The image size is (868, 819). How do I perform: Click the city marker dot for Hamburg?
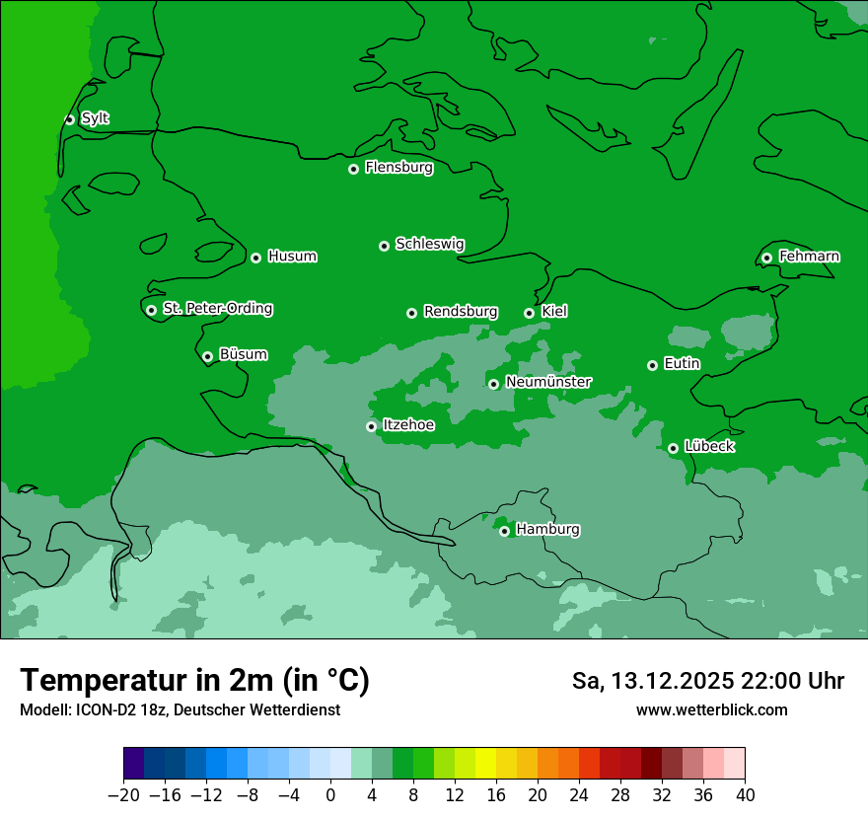click(x=504, y=531)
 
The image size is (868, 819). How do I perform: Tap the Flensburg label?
click(x=398, y=168)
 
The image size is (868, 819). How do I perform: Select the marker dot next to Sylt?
click(x=69, y=119)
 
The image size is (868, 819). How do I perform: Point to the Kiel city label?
click(x=554, y=312)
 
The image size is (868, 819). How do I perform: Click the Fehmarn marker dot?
click(x=766, y=258)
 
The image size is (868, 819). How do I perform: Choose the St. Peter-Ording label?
click(x=217, y=309)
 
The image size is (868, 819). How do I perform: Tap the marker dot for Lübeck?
click(x=673, y=448)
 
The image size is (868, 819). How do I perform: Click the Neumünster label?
click(x=548, y=383)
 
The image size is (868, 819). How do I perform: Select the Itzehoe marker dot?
click(x=371, y=426)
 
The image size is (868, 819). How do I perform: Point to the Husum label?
click(x=292, y=257)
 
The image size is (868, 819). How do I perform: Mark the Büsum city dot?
click(x=207, y=356)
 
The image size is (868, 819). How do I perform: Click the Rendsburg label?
click(x=461, y=312)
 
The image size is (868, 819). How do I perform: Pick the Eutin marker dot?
click(x=652, y=365)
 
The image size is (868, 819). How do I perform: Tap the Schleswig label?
click(x=430, y=244)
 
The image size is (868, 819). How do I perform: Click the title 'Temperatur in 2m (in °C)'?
click(x=194, y=681)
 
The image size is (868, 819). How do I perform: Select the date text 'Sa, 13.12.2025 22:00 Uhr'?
click(x=708, y=681)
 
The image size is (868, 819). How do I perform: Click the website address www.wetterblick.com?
click(x=711, y=709)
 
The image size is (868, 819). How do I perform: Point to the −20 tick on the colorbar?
click(x=123, y=795)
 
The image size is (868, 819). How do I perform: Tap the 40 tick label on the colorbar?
click(x=745, y=795)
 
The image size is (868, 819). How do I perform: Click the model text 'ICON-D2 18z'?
click(x=125, y=709)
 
